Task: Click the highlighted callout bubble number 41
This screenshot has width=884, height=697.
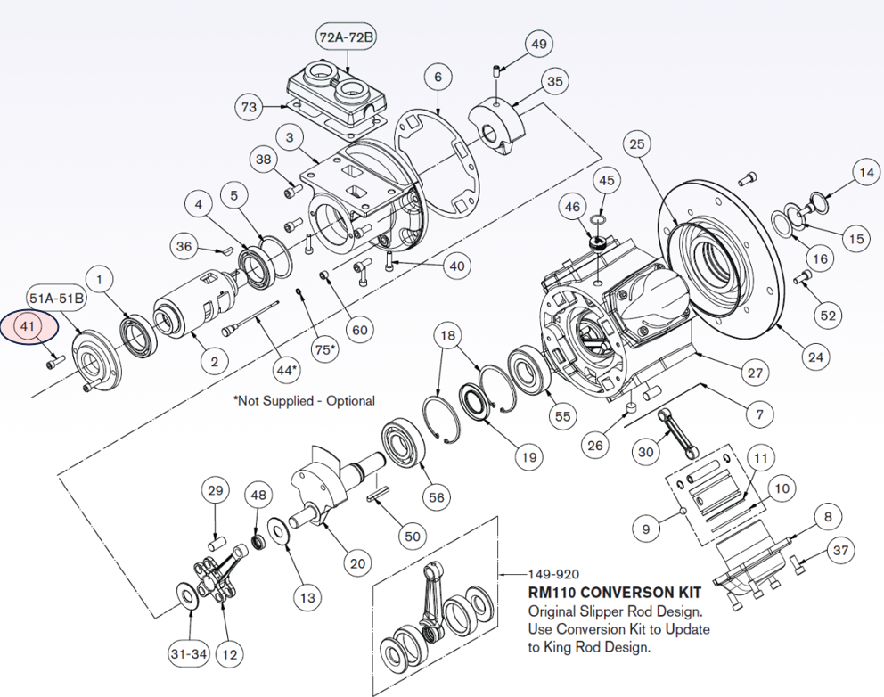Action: coord(28,327)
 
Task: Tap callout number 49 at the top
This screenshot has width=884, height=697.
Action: coord(538,44)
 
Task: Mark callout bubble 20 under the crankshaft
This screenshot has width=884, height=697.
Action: coord(357,562)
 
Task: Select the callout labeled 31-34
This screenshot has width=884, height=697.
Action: coord(188,654)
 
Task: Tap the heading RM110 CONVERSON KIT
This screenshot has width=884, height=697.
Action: coord(615,593)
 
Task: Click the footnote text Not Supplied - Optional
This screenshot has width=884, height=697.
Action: coord(304,401)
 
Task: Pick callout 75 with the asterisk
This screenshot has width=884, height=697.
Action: coord(328,348)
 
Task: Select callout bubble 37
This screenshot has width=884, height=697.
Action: coord(840,550)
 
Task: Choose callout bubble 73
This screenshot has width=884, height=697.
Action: coord(250,108)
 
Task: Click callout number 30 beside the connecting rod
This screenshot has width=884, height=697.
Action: coord(647,452)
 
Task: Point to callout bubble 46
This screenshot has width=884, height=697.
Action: coord(571,208)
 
